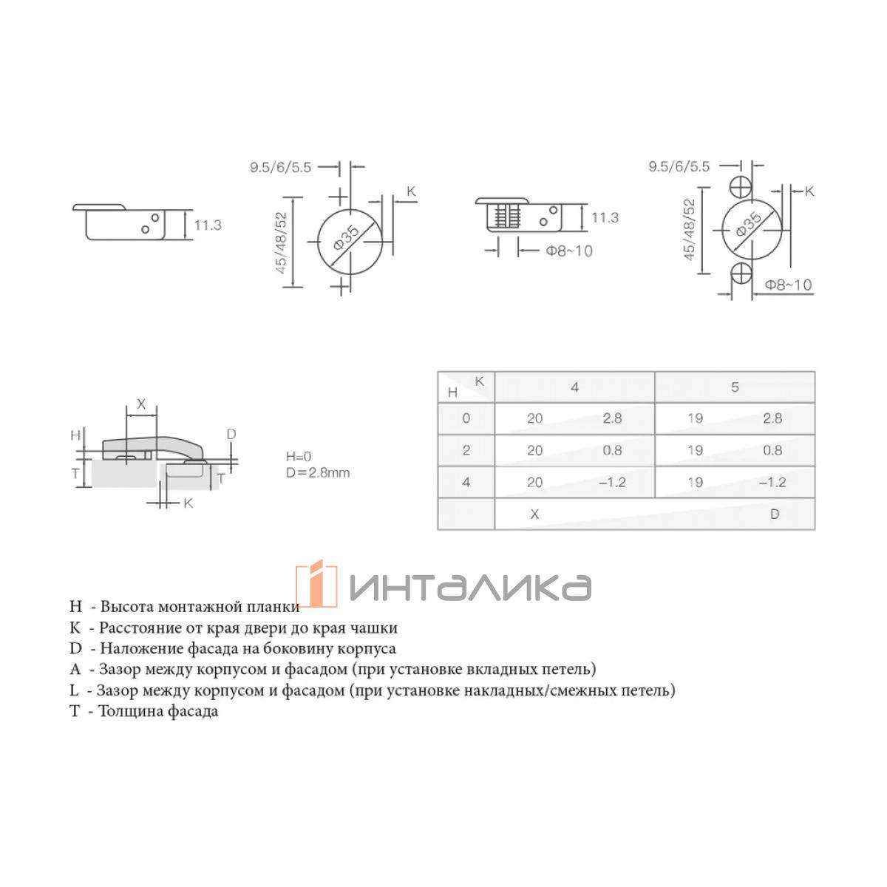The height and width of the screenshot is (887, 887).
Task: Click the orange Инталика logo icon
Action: tap(316, 583)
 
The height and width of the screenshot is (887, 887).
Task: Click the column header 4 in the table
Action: tap(574, 387)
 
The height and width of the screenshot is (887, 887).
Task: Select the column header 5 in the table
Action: tap(734, 387)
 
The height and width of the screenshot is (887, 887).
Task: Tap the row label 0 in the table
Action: tap(466, 418)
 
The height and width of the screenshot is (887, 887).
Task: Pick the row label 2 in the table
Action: tap(466, 449)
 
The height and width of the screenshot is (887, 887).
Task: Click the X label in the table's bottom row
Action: tap(534, 514)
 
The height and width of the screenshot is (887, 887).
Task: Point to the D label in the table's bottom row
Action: tap(774, 514)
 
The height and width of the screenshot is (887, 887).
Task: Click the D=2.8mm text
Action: tap(318, 473)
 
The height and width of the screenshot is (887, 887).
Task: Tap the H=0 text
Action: tap(299, 456)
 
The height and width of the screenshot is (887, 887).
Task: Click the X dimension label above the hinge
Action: tap(141, 404)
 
